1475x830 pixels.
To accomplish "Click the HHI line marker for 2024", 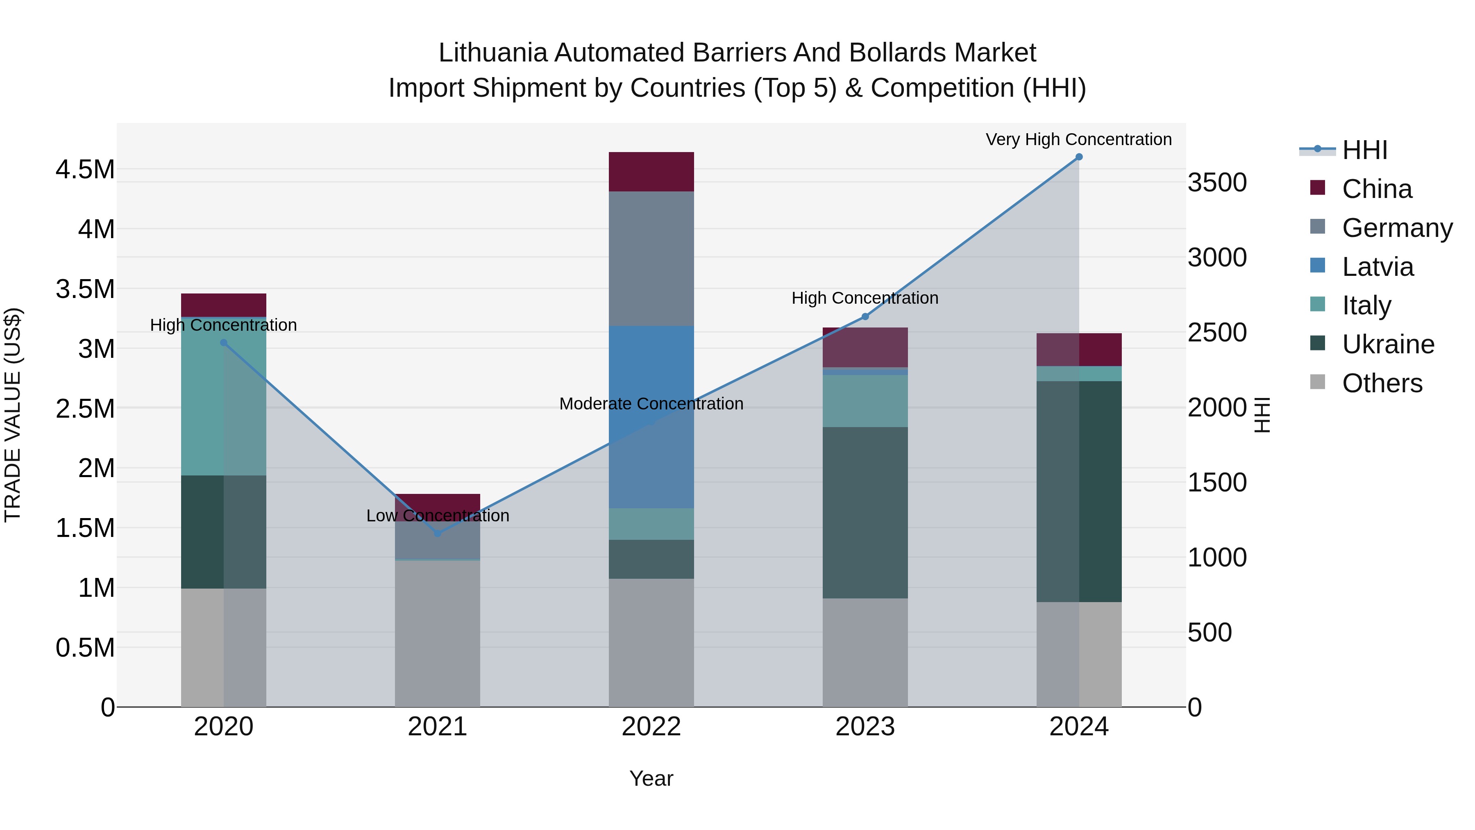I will [x=1079, y=157].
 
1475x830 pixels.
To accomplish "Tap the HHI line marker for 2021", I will [x=438, y=533].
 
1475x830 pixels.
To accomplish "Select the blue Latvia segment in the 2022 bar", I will [x=651, y=416].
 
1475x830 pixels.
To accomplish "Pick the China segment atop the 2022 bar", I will [x=651, y=171].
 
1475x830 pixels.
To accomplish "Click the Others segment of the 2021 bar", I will [x=438, y=633].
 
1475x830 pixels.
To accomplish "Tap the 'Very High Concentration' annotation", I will [x=1078, y=140].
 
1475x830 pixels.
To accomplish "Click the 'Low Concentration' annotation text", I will [x=438, y=516].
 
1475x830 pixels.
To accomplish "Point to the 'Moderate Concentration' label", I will [x=651, y=404].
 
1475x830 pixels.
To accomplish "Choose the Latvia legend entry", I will [x=1377, y=267].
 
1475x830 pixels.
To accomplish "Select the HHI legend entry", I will [x=1364, y=150].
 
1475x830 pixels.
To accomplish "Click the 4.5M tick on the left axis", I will [x=85, y=170].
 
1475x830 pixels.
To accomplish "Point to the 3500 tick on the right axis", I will [x=1217, y=183].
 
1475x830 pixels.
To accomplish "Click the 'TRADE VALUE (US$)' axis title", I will [x=13, y=415].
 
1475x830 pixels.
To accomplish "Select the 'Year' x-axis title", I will [x=651, y=778].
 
